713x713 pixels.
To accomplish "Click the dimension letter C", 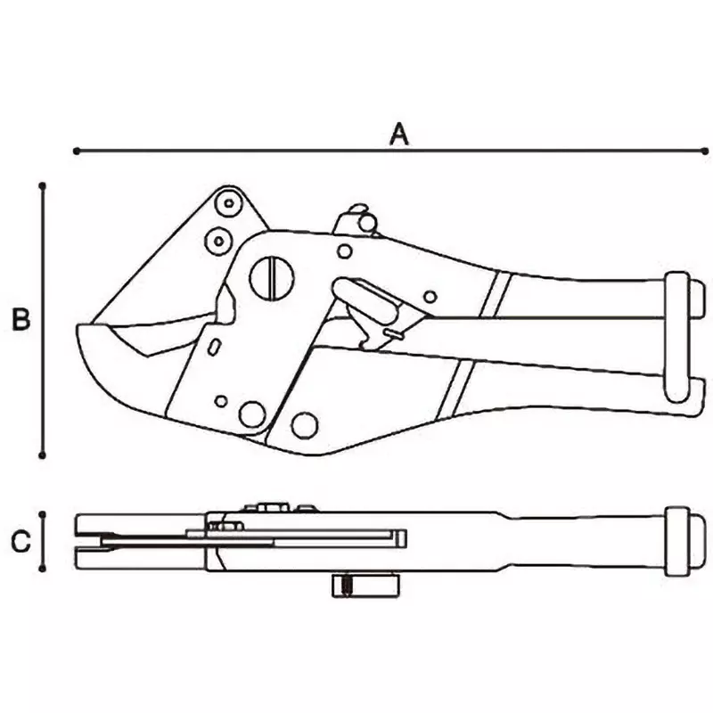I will tap(22, 540).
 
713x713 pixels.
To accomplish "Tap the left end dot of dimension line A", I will tap(77, 152).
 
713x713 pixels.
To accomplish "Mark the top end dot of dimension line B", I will tap(43, 185).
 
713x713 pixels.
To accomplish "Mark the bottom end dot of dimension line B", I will tap(43, 455).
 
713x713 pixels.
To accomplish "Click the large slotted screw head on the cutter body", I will tap(271, 277).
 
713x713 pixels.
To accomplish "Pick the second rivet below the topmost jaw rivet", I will tap(217, 239).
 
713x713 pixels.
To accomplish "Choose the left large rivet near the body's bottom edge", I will tap(252, 414).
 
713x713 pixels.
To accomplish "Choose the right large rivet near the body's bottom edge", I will tap(305, 425).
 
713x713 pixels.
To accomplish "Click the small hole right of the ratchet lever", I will tap(430, 297).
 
